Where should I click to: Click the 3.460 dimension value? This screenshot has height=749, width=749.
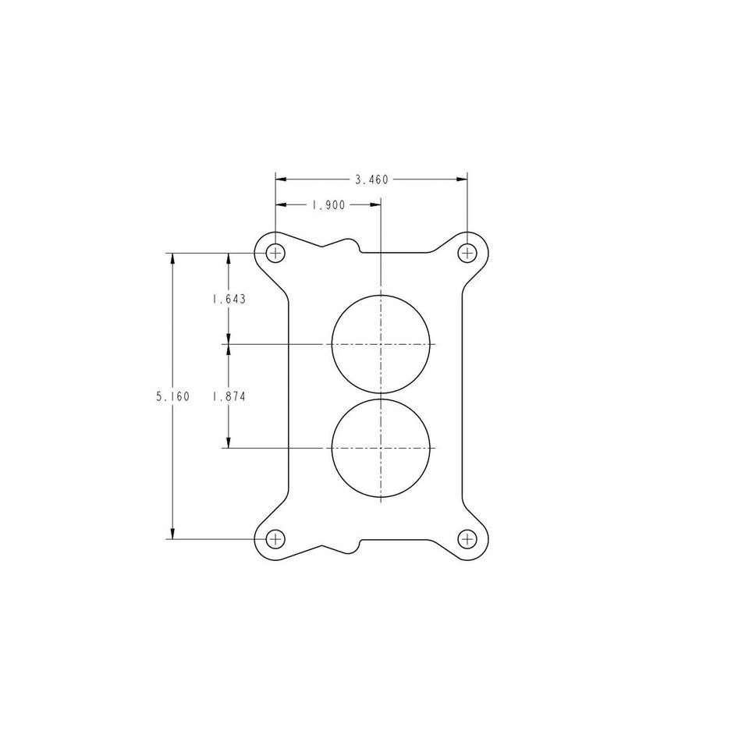coord(371,179)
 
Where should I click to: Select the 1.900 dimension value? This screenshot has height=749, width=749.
coord(328,205)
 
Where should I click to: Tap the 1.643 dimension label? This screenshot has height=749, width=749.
coord(229,299)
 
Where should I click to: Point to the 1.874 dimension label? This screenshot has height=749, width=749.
coord(229,396)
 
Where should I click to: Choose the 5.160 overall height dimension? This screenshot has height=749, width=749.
coord(172,396)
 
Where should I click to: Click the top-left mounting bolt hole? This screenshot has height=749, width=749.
coord(275,253)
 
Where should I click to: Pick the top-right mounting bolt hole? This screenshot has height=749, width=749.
coord(467,253)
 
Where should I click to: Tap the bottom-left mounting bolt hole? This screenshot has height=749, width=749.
coord(275,538)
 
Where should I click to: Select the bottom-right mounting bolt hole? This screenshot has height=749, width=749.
coord(467,538)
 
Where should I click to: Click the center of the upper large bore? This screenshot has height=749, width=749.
coord(381,343)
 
